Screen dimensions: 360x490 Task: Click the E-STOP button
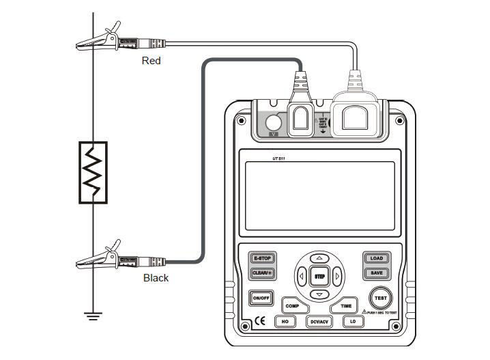pos(262,259)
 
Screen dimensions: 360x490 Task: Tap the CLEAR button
pos(262,273)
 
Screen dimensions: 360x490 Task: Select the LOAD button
pos(376,259)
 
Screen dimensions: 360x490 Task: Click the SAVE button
pos(376,273)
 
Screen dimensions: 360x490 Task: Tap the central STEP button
pos(319,277)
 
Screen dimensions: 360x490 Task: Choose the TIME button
pos(346,306)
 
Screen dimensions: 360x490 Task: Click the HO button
pos(284,321)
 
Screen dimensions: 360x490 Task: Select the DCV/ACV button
pos(319,321)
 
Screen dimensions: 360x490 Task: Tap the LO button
pos(353,321)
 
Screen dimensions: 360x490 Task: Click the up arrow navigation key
pos(319,258)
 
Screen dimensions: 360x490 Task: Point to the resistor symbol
pos(93,171)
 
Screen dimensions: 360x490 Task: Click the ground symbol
pos(93,315)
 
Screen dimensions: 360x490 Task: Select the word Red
pos(151,61)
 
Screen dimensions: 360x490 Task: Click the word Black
pos(156,278)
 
